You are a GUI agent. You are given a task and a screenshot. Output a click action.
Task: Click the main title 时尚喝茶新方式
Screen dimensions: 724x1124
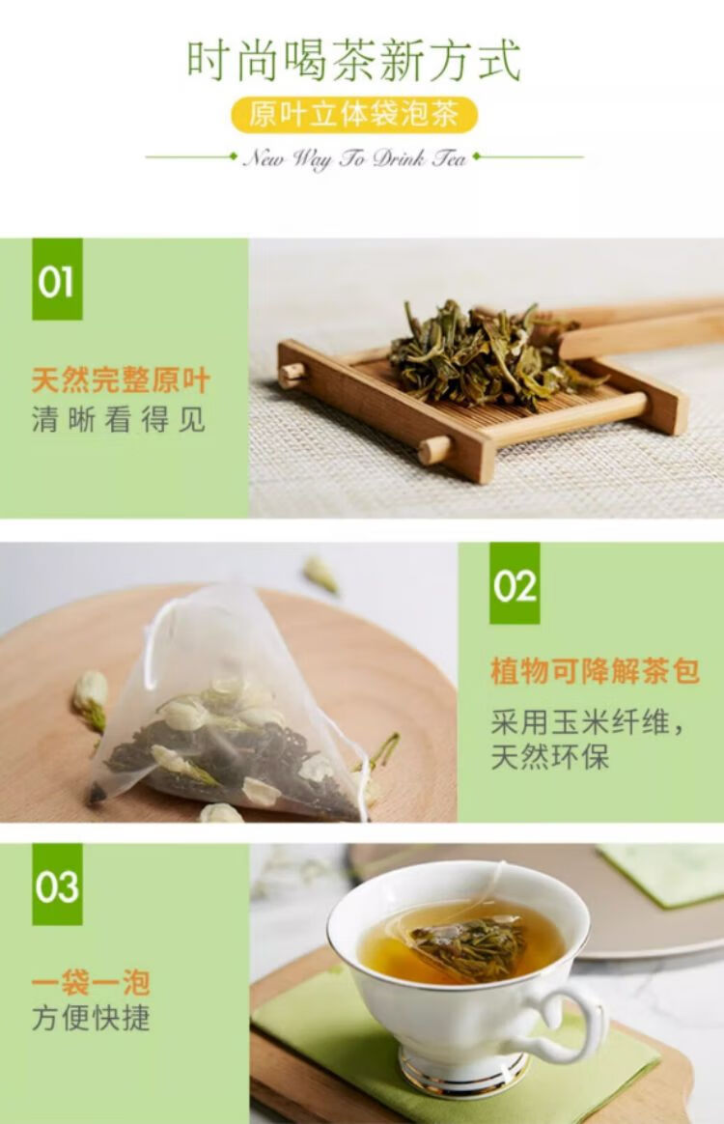[x=353, y=60]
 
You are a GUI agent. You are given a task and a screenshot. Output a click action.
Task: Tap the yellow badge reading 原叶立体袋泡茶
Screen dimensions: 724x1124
[x=354, y=115]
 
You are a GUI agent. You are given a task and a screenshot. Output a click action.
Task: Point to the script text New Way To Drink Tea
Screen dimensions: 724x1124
[x=355, y=157]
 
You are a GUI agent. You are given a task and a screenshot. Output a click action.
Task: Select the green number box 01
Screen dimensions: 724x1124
[x=57, y=280]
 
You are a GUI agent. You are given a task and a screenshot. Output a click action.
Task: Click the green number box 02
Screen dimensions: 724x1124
[x=515, y=583]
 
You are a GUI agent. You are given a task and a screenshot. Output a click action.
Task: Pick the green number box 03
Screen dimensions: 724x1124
[x=57, y=885]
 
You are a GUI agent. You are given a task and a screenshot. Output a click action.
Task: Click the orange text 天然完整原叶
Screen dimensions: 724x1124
[x=121, y=379]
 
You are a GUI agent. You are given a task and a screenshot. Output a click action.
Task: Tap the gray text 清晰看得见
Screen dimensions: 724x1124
[x=119, y=419]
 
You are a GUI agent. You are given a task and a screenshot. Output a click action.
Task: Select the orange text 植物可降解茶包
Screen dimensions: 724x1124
[x=595, y=672]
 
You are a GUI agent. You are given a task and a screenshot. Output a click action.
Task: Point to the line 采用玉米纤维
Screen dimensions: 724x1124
[x=587, y=722]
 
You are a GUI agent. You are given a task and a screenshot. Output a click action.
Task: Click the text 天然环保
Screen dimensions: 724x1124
[x=550, y=757]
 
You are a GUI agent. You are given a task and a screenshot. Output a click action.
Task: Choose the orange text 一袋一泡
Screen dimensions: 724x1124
[x=91, y=982]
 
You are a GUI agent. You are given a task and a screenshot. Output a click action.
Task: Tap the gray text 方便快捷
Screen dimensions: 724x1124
[x=91, y=1018]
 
